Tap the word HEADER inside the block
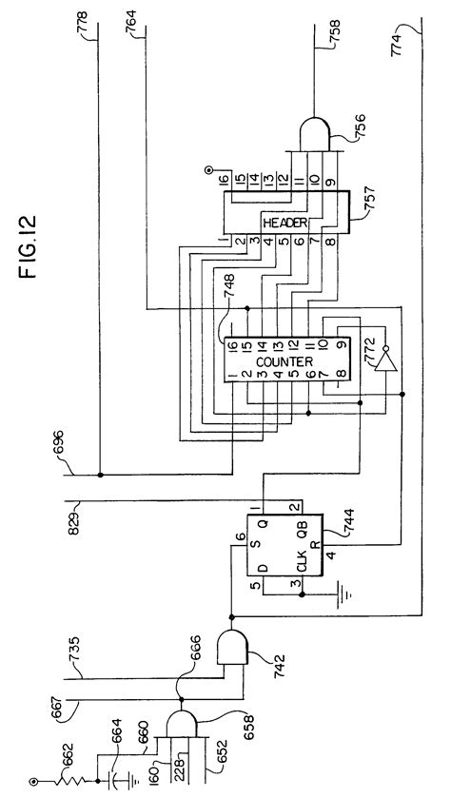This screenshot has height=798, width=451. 283,224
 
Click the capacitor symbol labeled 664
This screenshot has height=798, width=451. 117,777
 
